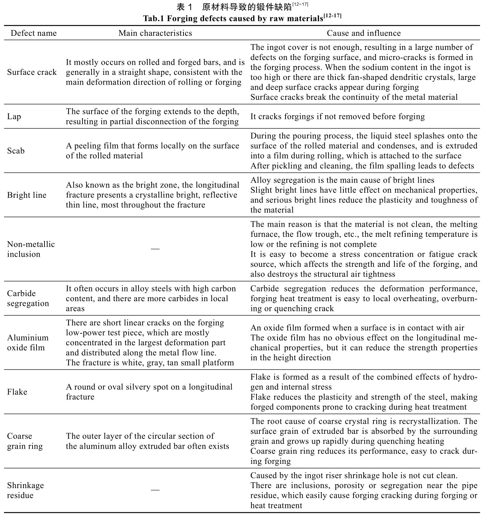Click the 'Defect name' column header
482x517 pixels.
34,33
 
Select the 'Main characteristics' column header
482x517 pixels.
155,33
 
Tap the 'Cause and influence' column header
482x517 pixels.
364,33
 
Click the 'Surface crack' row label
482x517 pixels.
32,72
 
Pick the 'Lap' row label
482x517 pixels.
14,116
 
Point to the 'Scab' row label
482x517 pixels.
16,151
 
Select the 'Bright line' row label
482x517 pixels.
27,195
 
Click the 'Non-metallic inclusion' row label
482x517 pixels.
31,249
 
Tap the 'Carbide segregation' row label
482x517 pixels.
28,298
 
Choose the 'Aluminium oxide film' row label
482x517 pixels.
28,342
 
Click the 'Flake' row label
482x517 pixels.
17,392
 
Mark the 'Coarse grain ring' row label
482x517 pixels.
25,441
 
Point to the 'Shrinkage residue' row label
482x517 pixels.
25,490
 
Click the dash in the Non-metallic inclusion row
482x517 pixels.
155,249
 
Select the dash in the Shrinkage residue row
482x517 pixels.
155,490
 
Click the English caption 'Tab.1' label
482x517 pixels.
153,18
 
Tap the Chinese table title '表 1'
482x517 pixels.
186,7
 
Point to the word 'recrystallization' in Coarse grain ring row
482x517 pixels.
430,422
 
